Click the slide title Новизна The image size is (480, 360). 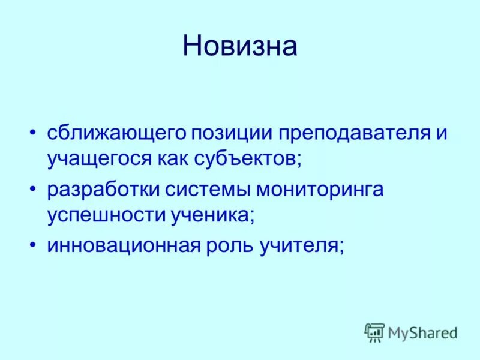(240, 46)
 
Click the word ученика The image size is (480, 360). (212, 215)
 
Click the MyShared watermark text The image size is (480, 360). (422, 332)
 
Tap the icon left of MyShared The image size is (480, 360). (374, 332)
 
